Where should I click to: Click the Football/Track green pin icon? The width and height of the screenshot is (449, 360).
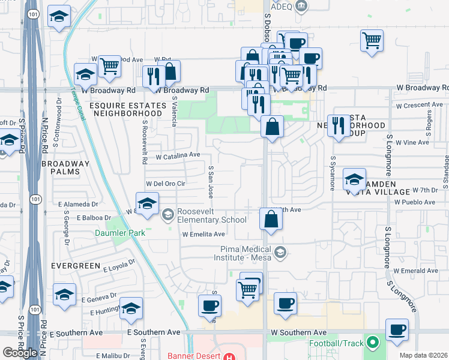(x=373, y=343)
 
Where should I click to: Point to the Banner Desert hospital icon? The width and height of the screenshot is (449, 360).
(x=229, y=356)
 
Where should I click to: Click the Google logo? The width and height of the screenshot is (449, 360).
(x=20, y=353)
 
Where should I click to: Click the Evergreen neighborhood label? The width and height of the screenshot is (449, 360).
(x=70, y=264)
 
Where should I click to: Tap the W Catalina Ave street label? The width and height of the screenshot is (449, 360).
(x=178, y=155)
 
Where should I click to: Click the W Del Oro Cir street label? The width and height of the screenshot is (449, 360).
(x=166, y=184)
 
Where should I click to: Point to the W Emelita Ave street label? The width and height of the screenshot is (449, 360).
(x=203, y=235)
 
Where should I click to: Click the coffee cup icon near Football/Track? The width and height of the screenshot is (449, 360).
(x=397, y=330)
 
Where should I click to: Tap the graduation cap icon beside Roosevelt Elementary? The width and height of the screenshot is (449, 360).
(x=147, y=203)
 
